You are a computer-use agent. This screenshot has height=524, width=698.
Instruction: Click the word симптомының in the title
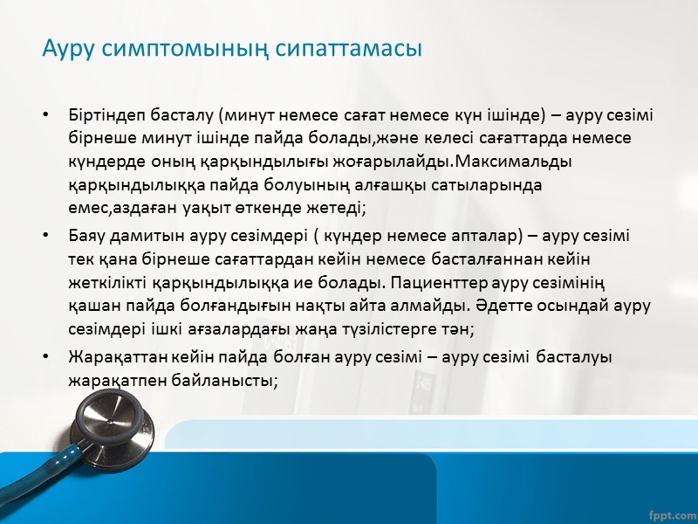point(192,50)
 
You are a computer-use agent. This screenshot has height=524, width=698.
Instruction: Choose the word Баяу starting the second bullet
point(86,236)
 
